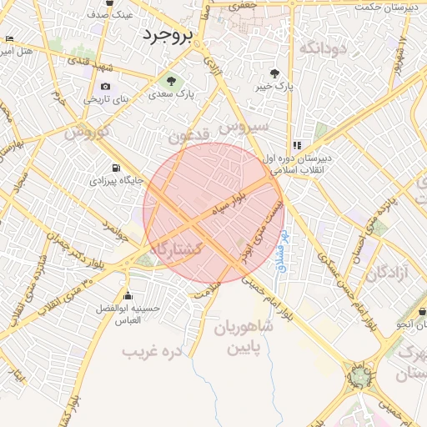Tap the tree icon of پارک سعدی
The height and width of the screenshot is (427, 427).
coord(172,82)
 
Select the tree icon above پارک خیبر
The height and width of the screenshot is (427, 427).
coord(276,73)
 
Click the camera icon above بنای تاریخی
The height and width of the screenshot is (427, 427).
coord(105,86)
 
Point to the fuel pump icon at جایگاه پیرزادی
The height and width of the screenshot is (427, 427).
coord(114,166)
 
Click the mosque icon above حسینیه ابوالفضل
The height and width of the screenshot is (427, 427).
coord(127,296)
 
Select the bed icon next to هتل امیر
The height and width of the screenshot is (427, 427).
coord(9,39)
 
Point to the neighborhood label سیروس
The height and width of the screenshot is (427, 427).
coord(243,126)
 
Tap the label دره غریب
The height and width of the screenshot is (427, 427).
coord(152,351)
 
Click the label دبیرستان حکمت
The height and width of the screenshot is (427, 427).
coord(384,8)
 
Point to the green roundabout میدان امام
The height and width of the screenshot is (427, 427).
coord(359,377)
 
